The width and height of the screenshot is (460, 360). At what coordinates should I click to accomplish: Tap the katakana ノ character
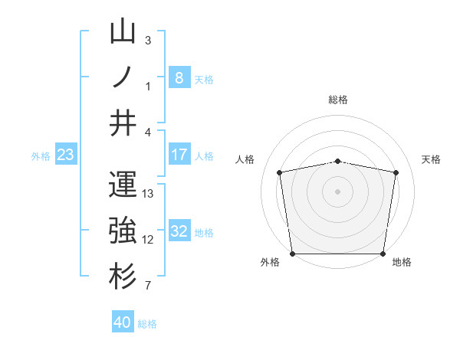point(123,77)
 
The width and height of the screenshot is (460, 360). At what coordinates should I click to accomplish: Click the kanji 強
point(123,230)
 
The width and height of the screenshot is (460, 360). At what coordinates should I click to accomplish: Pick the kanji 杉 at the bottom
point(123,276)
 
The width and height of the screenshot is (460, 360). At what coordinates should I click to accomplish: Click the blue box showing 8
point(179,78)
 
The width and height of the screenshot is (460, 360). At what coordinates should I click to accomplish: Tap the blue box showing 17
point(179,155)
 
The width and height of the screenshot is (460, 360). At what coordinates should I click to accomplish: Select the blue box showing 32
point(179,231)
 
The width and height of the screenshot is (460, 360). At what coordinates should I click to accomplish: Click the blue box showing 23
point(66,155)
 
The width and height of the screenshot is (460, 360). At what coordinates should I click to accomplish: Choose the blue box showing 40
point(123,322)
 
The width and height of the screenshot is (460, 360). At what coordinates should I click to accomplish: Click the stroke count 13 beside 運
point(149,194)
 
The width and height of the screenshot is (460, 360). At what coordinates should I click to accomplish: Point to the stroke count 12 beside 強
point(149,240)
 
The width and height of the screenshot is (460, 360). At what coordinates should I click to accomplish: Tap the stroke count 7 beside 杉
point(149,286)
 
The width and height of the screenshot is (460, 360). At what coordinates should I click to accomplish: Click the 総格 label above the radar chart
point(338,100)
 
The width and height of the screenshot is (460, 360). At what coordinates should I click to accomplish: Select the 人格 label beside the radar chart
point(245,159)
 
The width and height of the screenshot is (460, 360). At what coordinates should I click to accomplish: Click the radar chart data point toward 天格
point(396,172)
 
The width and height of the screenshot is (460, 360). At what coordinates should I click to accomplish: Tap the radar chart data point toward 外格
point(292,254)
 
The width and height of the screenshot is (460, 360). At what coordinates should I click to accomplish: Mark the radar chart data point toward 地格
point(383,254)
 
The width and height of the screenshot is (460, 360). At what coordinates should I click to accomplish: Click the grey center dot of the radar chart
point(338,191)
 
